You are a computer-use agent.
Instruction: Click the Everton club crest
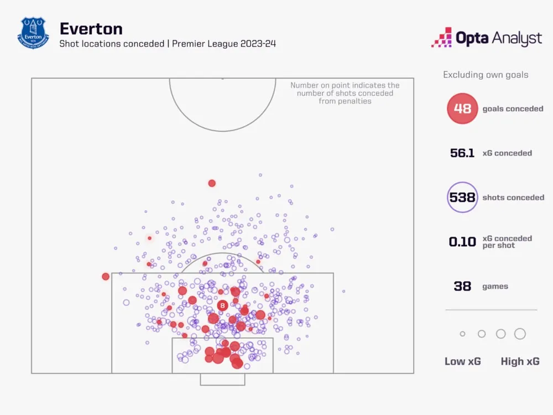click(x=33, y=33)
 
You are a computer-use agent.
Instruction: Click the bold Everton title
click(x=91, y=28)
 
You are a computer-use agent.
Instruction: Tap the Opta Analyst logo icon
click(x=442, y=37)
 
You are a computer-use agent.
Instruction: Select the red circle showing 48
click(x=462, y=108)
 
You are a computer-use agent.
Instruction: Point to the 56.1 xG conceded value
click(x=462, y=153)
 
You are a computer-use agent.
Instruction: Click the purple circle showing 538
click(x=462, y=198)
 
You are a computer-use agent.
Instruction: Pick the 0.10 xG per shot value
click(x=462, y=242)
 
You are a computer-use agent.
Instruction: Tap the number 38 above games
click(x=462, y=286)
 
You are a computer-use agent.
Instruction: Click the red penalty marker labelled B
click(x=222, y=305)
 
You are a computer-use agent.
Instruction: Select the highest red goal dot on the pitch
click(x=212, y=183)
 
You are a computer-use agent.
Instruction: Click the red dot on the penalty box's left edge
click(x=106, y=276)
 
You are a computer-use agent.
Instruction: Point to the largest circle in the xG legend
click(x=520, y=334)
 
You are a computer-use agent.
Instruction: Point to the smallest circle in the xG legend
click(x=462, y=334)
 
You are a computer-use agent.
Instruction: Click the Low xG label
click(x=463, y=361)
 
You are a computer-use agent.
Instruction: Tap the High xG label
click(x=520, y=361)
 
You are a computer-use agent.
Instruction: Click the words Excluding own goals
click(x=486, y=75)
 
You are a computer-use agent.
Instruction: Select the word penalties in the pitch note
click(x=353, y=101)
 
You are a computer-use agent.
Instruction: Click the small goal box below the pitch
click(x=222, y=379)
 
